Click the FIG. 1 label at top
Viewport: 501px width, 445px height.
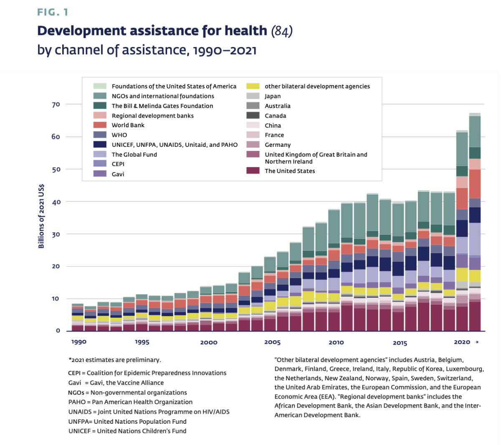(53, 12)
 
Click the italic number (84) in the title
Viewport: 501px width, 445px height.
(282, 31)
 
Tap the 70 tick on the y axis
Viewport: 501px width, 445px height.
(56, 104)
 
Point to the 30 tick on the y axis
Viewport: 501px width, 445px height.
(56, 234)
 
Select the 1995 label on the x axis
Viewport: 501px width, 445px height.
(142, 342)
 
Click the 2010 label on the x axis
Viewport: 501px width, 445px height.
(336, 342)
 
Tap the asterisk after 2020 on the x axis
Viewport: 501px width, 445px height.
(477, 342)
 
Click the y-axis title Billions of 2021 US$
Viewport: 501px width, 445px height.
(41, 216)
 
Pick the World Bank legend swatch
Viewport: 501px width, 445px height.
(100, 125)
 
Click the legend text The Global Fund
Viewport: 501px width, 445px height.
(134, 154)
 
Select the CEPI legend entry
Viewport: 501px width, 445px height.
(118, 164)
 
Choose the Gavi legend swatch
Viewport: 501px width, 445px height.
(100, 174)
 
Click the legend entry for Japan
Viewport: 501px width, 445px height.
(273, 96)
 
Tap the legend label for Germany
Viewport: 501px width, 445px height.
(278, 145)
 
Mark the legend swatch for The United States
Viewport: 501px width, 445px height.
(253, 171)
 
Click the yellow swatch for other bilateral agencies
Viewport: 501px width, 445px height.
(253, 86)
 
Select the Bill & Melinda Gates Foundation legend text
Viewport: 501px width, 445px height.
(162, 106)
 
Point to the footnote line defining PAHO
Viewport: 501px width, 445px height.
(130, 402)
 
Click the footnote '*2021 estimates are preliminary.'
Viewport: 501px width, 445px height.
(114, 360)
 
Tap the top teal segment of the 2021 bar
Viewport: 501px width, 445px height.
(475, 131)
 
